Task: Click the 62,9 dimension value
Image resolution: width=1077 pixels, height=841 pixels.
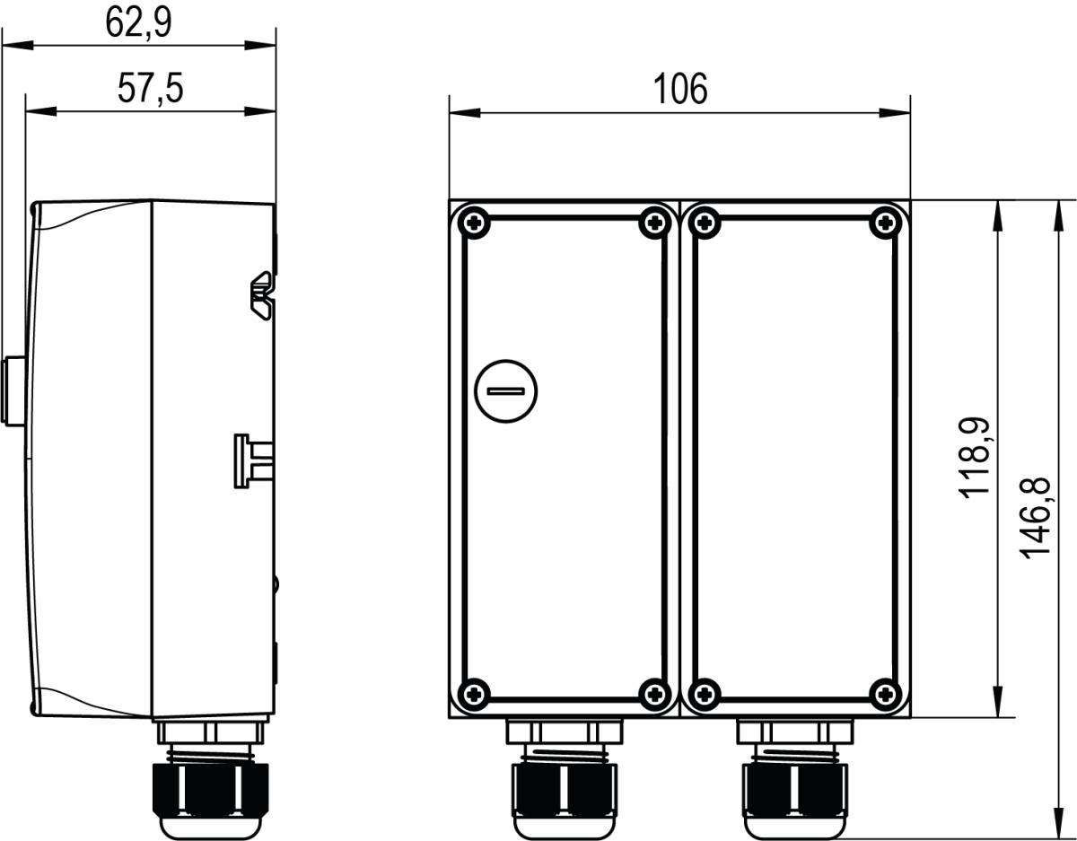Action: [138, 22]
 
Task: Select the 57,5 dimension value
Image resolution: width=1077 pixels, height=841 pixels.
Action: [150, 89]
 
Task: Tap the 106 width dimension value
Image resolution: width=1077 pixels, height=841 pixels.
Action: [679, 89]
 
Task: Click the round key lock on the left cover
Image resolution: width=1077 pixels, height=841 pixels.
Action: [505, 390]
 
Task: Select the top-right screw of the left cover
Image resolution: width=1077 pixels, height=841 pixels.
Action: [654, 222]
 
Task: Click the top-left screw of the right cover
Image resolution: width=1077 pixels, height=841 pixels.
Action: [706, 222]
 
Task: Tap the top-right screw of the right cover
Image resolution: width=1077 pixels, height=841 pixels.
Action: [887, 222]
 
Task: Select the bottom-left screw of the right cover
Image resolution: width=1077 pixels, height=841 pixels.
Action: [706, 692]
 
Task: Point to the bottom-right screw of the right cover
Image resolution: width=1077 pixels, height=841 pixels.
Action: [887, 692]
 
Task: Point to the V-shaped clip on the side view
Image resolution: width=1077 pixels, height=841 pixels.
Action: [262, 293]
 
